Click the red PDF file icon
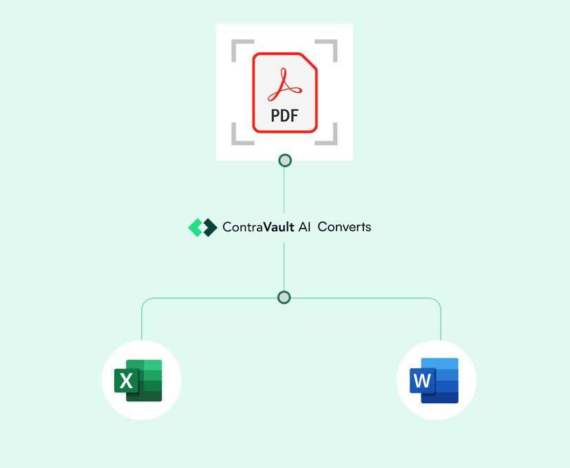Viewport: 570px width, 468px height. pyautogui.click(x=284, y=92)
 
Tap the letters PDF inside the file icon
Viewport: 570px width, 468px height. pyautogui.click(x=284, y=116)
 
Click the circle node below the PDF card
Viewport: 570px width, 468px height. pyautogui.click(x=284, y=160)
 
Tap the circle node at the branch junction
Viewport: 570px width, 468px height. pyautogui.click(x=284, y=297)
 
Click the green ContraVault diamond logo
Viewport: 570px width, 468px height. pyautogui.click(x=202, y=227)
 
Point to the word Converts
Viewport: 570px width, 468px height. pyautogui.click(x=344, y=226)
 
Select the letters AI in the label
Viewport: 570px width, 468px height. pyautogui.click(x=304, y=226)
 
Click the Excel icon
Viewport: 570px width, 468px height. pyautogui.click(x=142, y=380)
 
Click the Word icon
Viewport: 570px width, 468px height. pyautogui.click(x=437, y=380)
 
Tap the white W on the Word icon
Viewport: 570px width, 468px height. pyautogui.click(x=422, y=380)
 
